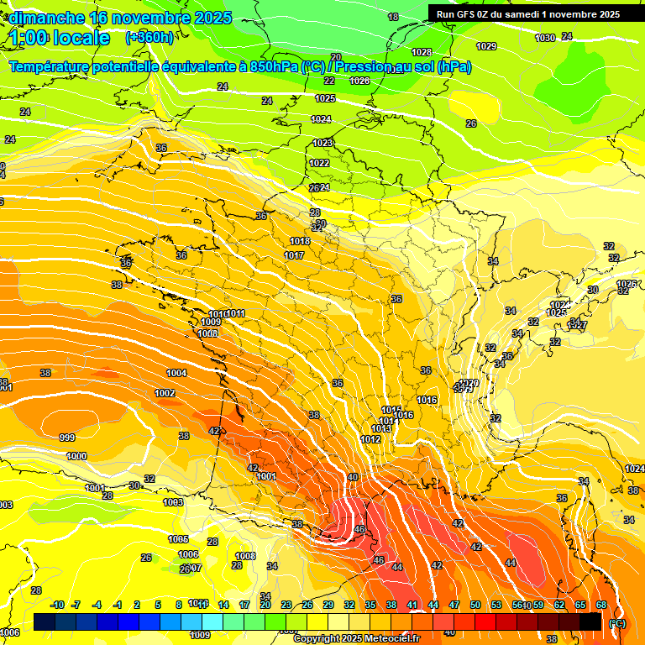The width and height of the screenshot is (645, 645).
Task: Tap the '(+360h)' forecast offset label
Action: (x=149, y=38)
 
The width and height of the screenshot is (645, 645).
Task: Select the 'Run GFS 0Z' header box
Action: (x=524, y=13)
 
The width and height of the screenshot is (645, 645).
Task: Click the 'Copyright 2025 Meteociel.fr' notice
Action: (x=356, y=638)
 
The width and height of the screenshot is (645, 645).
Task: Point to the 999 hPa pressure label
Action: (x=67, y=438)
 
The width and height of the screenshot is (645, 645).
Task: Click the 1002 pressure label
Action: (x=165, y=393)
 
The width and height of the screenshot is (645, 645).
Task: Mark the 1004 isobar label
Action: (x=176, y=373)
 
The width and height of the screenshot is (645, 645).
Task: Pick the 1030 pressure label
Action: (x=545, y=38)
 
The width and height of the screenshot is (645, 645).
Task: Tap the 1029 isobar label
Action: (x=485, y=46)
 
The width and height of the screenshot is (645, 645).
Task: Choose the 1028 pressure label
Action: (x=422, y=52)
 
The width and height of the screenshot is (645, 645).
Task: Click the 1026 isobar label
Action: (x=359, y=81)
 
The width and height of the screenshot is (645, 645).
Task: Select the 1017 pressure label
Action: (x=294, y=255)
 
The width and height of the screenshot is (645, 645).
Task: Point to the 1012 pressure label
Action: (x=370, y=439)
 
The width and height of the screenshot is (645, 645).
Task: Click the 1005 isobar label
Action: (x=178, y=539)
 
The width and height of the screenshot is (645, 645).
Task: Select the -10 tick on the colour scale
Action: (x=57, y=605)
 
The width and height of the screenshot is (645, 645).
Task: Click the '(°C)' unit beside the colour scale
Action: (x=617, y=623)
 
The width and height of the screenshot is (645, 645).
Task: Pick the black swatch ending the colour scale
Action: (x=590, y=621)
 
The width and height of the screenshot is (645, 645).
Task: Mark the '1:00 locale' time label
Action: (x=60, y=38)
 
